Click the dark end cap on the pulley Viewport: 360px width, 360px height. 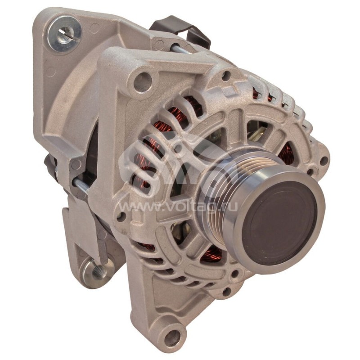point(279,223)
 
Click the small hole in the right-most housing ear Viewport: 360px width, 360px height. point(323,160)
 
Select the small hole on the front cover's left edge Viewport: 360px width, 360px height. point(120,216)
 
